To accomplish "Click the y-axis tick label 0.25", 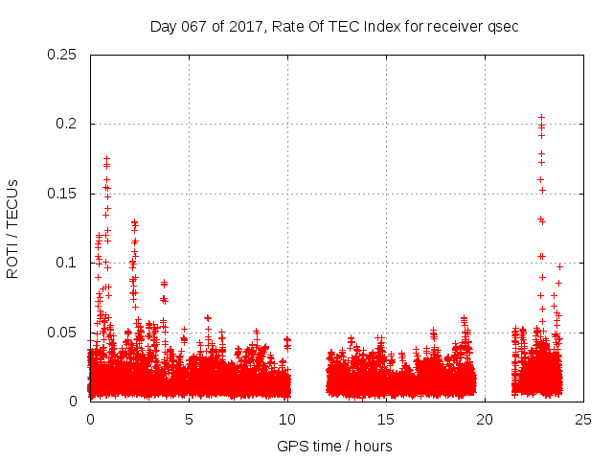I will (63, 55).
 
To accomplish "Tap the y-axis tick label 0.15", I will (63, 194).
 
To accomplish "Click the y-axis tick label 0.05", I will (63, 333).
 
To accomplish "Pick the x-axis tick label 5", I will (189, 419).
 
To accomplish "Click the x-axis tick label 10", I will (287, 419).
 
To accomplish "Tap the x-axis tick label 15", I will (386, 419).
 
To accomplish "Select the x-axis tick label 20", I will (485, 419).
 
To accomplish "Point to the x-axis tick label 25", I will (583, 419).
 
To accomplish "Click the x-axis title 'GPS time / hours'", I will (335, 446).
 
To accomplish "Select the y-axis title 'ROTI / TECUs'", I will (13, 228).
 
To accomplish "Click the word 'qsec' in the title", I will (503, 26).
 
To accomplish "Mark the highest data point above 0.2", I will (541, 117).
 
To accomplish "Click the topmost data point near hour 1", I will (106, 158).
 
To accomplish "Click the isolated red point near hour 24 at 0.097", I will (559, 266).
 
